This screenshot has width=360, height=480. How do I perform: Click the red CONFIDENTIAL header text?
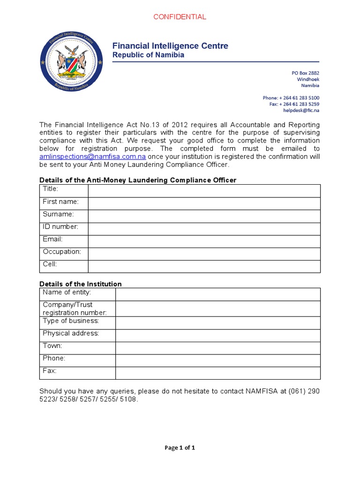(180, 17)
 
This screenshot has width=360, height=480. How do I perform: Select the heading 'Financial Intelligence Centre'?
(170, 45)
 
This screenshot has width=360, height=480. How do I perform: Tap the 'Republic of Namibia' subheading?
(148, 55)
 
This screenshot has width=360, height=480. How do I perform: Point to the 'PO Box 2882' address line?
(305, 73)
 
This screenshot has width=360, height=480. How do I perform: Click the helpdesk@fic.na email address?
(301, 111)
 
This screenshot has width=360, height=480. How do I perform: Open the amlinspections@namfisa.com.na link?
(93, 157)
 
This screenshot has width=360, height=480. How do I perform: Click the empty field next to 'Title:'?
(204, 191)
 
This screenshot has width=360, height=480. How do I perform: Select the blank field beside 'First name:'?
(204, 203)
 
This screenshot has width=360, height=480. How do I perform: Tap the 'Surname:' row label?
(58, 214)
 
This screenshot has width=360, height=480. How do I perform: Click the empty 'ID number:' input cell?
(204, 229)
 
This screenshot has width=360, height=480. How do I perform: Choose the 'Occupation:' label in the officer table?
(62, 252)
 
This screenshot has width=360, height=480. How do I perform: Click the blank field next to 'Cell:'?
(204, 266)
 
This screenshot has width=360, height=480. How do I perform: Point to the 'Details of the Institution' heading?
(81, 284)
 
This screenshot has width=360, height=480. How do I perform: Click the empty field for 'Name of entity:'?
(218, 294)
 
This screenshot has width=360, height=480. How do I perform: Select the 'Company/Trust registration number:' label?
(75, 308)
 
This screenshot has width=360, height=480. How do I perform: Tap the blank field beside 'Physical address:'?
(218, 336)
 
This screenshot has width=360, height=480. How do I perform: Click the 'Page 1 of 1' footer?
(180, 448)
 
